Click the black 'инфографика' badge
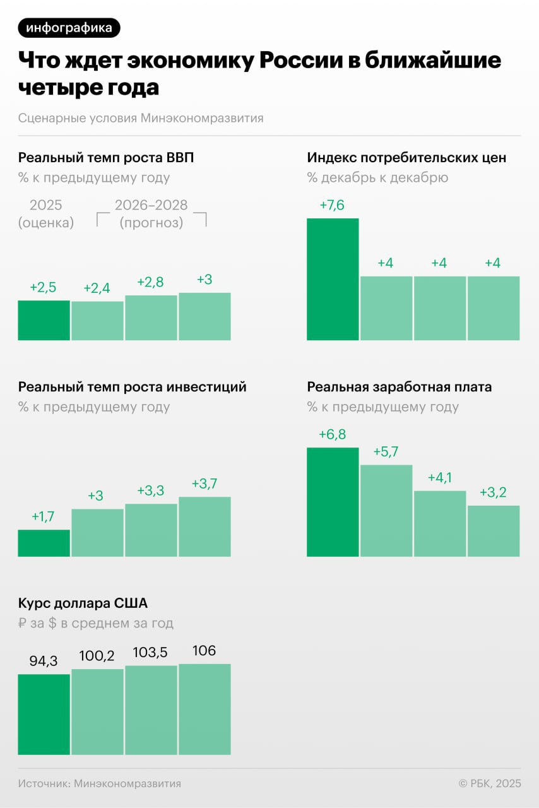(x=69, y=28)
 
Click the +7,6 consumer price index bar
(x=333, y=279)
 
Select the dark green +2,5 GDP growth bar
(x=44, y=320)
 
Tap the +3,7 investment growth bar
(x=204, y=526)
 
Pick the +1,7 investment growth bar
(x=44, y=543)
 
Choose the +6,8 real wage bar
(x=333, y=502)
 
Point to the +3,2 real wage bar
(x=494, y=531)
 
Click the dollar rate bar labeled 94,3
(x=44, y=714)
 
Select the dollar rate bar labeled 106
(x=204, y=709)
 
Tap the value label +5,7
(x=386, y=452)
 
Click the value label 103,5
(x=151, y=653)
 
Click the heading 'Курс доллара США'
(x=83, y=603)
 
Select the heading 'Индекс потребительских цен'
(x=406, y=157)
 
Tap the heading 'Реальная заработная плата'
(x=399, y=386)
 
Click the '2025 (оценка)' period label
(x=45, y=214)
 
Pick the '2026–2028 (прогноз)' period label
(x=151, y=214)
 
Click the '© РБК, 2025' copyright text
(x=490, y=783)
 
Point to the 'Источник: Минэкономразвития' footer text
(x=100, y=783)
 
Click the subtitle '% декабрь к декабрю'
(x=377, y=177)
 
